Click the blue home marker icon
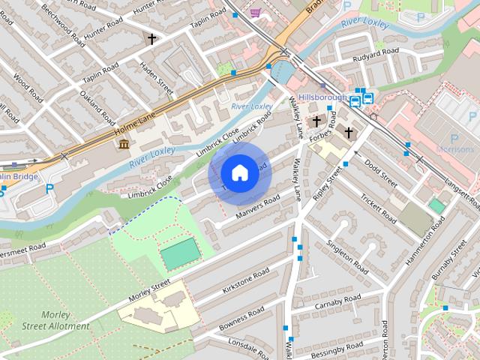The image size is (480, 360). point(239,173)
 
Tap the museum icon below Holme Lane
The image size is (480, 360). point(123,143)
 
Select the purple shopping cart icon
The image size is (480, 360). point(256,13)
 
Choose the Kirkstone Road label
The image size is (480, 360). point(246,280)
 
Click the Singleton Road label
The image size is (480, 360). point(346,256)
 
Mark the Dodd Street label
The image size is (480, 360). point(380,172)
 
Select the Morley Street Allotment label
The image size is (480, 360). point(55,320)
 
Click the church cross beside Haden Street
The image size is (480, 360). point(152,38)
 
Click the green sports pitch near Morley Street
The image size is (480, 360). point(181,253)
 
